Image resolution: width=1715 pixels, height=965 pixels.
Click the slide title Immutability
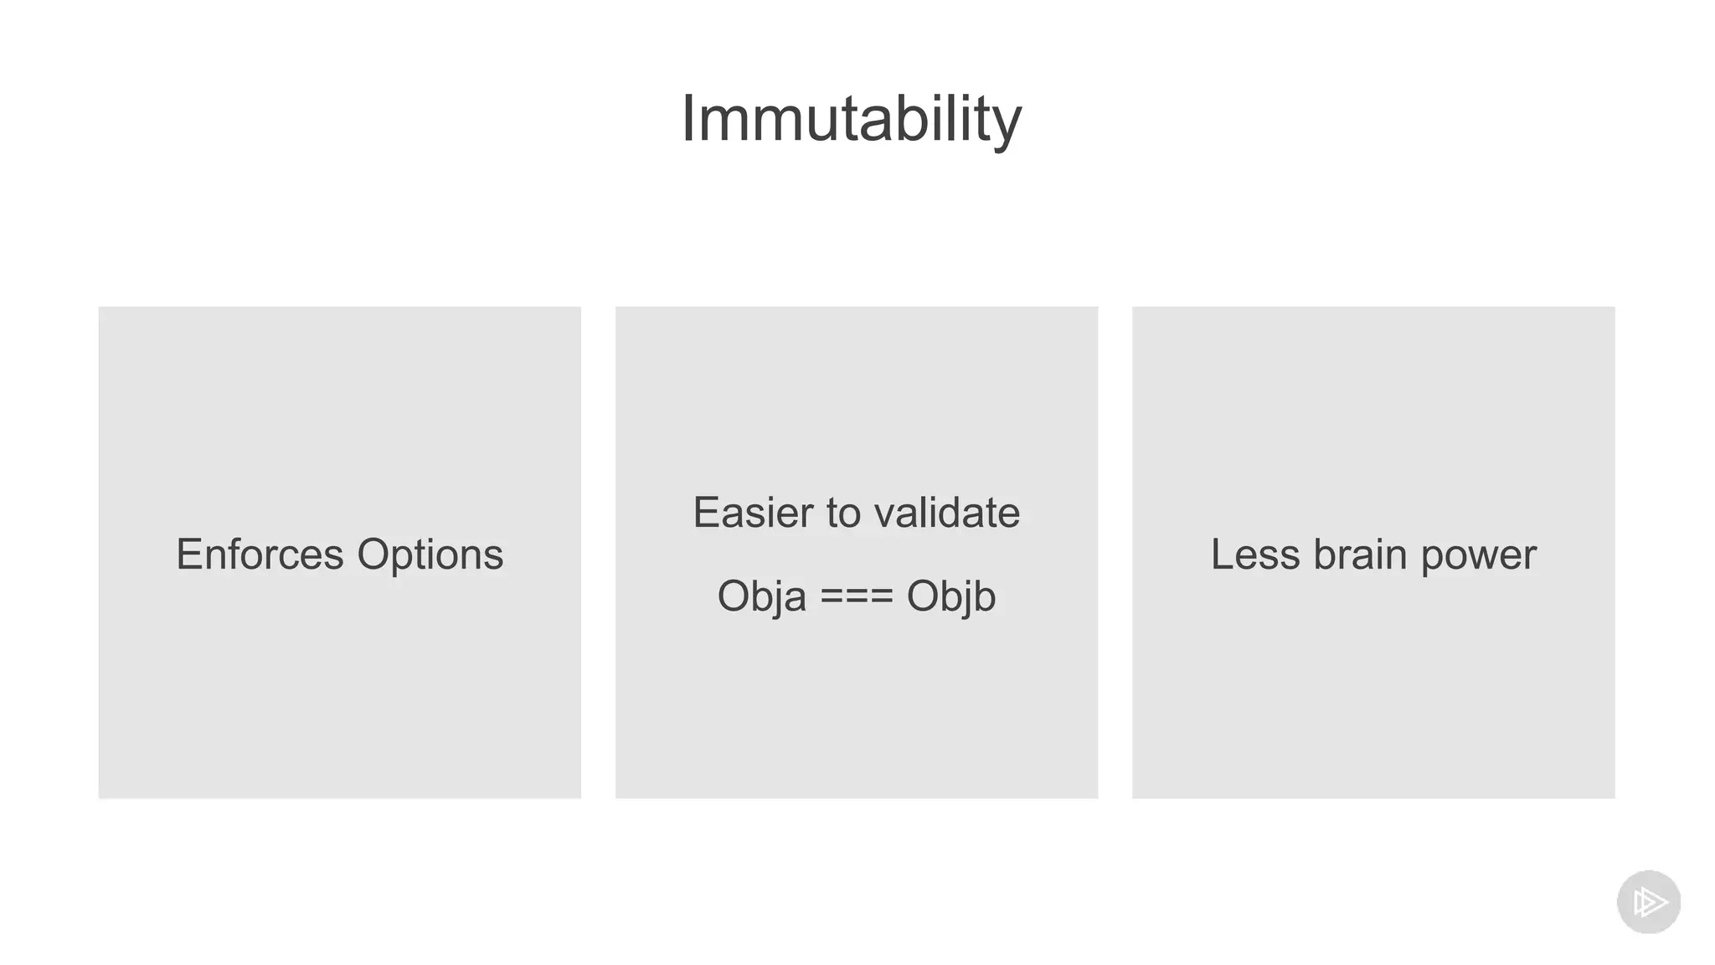pyautogui.click(x=851, y=119)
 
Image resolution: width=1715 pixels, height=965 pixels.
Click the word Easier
pyautogui.click(x=752, y=513)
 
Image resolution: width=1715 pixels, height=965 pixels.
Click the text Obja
pyautogui.click(x=761, y=597)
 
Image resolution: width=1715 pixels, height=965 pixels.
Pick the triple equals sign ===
pyautogui.click(x=856, y=597)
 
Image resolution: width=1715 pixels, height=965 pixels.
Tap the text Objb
pyautogui.click(x=950, y=597)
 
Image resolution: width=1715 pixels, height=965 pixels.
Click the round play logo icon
pyautogui.click(x=1648, y=902)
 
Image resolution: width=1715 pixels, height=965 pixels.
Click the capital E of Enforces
pyautogui.click(x=188, y=555)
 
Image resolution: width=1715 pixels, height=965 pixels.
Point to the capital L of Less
pyautogui.click(x=1222, y=555)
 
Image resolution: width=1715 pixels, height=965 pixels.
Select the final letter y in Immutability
pyautogui.click(x=1008, y=126)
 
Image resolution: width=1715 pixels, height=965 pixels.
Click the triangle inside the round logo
pyautogui.click(x=1651, y=902)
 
